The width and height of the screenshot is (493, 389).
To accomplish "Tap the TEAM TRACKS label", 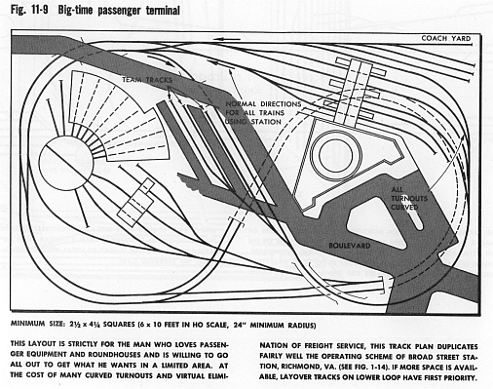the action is pyautogui.click(x=147, y=80).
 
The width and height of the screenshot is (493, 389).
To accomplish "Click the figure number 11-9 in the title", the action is pyautogui.click(x=37, y=10).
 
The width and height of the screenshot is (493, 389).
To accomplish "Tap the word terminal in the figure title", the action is pyautogui.click(x=163, y=10).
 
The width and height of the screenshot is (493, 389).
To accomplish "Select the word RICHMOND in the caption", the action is pyautogui.click(x=298, y=367).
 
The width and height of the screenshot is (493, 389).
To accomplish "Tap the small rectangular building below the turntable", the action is pyautogui.click(x=135, y=202).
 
